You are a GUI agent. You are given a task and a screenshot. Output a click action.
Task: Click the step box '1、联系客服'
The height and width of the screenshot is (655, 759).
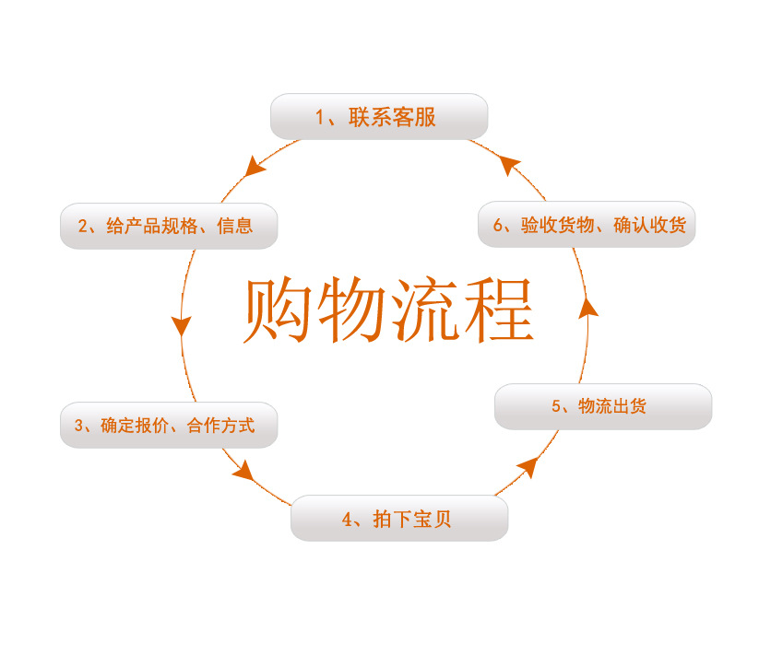coord(378,117)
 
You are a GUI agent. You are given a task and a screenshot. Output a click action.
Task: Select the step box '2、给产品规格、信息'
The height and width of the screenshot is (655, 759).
coord(169,226)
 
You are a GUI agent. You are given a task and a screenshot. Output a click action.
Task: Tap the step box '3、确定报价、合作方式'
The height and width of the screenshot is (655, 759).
coord(169,426)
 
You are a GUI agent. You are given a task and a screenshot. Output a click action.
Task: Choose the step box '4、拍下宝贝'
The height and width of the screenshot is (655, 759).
coord(399,519)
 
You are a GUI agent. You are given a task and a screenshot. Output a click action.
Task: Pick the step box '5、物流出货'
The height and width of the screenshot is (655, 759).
coord(603,406)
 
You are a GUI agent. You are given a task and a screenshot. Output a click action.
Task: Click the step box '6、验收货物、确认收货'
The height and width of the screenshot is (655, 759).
coord(587,225)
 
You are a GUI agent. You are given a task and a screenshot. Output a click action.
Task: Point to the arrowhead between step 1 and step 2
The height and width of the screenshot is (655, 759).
coord(256,167)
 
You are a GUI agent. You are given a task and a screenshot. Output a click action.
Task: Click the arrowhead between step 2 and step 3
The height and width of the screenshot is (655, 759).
coord(182,325)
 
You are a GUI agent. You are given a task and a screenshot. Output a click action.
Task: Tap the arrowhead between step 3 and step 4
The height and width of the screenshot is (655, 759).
coord(243,471)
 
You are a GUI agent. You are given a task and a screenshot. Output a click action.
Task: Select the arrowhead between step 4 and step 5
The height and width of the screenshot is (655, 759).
coord(528,467)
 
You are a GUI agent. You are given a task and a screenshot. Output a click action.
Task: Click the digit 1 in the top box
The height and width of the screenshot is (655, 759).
coord(320,118)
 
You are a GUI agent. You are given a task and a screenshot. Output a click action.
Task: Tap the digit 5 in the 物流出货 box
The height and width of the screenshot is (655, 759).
coord(556,406)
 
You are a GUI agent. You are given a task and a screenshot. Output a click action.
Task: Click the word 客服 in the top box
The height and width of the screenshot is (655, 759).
coord(414,118)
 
